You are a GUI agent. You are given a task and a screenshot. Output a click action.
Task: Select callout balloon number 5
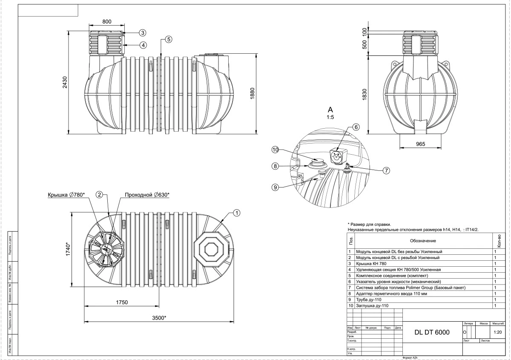pos(169,39)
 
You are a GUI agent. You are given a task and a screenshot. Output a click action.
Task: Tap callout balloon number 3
pos(142,33)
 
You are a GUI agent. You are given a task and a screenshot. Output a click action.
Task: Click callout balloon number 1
pos(237,212)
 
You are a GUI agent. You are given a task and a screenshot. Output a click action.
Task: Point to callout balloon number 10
pos(276,150)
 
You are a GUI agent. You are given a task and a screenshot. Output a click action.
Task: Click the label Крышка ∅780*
pos(66,195)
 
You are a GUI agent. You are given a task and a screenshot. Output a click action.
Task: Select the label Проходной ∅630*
pos(147,195)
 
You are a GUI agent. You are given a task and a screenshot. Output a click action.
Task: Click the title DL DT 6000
pos(432,333)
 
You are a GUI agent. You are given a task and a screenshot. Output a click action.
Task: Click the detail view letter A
pos(330,109)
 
